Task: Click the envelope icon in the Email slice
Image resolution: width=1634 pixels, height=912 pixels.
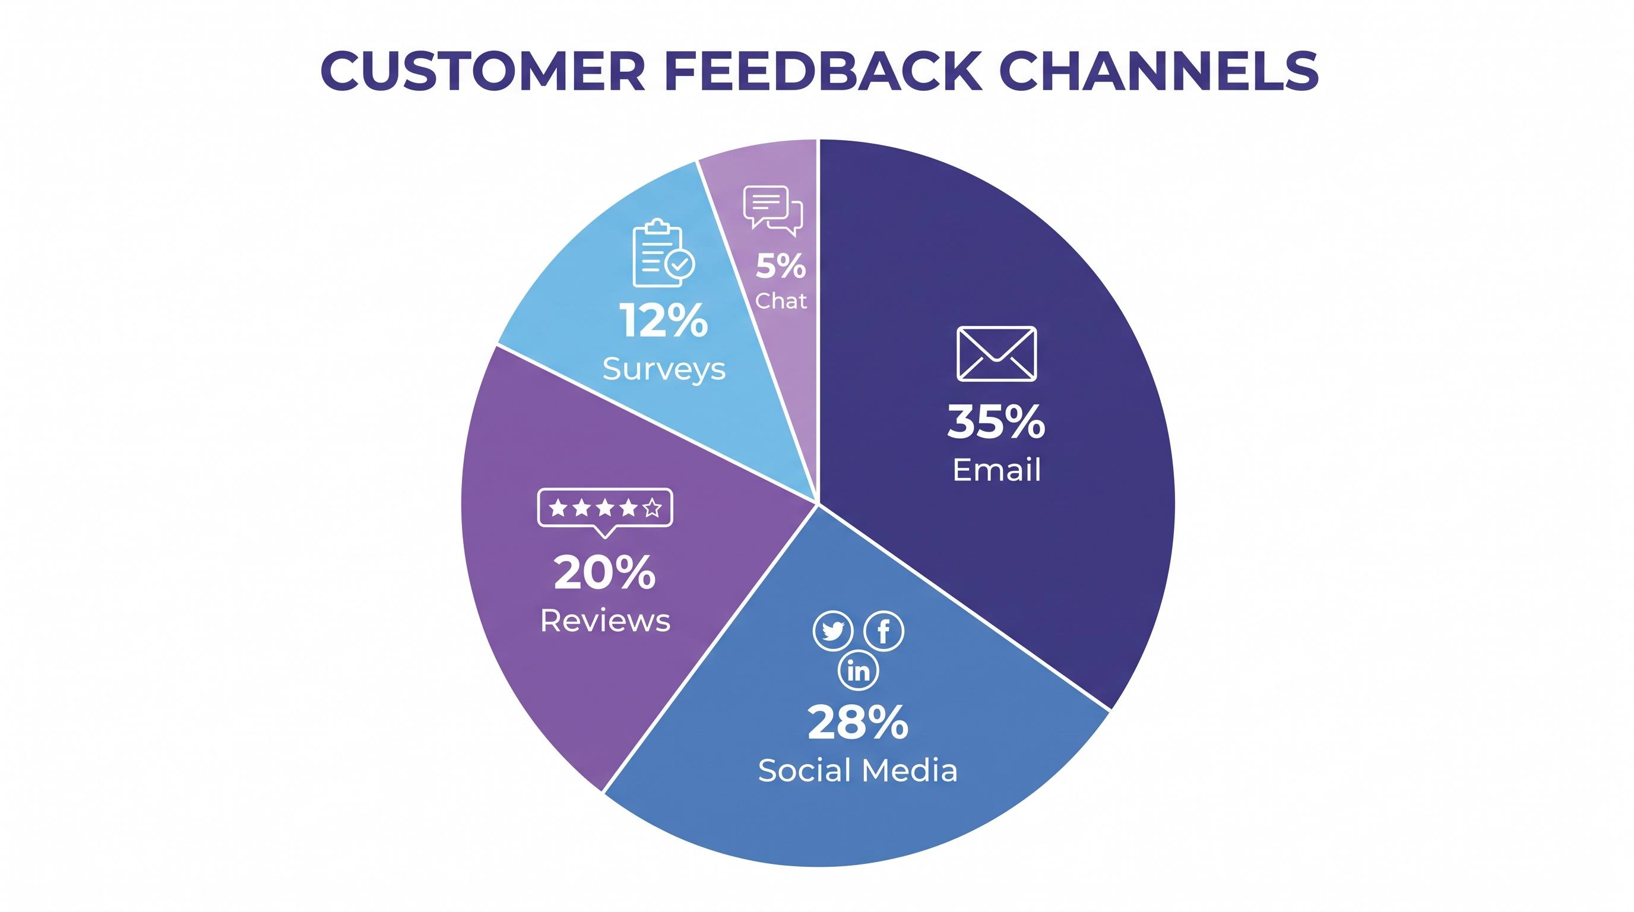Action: tap(996, 354)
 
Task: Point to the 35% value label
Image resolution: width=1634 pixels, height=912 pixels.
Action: tap(996, 422)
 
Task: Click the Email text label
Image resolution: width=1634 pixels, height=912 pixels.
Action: tap(996, 470)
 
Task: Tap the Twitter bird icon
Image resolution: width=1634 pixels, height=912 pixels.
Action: tap(833, 631)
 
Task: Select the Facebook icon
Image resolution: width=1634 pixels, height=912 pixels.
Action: tap(884, 631)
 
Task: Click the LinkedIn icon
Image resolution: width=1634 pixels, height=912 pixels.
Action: tap(858, 670)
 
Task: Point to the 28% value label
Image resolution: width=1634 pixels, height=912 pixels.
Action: tap(857, 723)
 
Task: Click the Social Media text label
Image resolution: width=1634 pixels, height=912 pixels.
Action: tap(857, 771)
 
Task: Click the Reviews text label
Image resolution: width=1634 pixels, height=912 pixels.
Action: tap(605, 620)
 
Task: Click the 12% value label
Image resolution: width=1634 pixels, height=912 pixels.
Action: tap(663, 320)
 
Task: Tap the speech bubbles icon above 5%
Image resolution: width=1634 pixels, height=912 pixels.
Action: tap(773, 210)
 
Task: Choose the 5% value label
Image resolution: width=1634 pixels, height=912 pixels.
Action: tap(781, 266)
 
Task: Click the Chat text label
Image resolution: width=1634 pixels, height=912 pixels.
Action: tap(781, 300)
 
